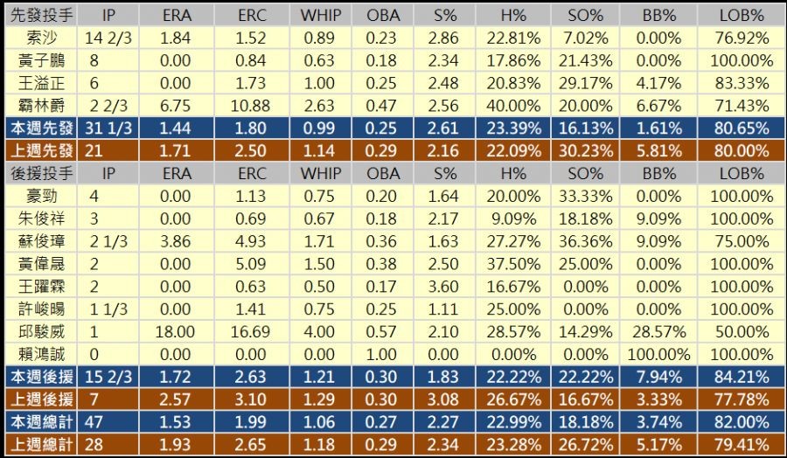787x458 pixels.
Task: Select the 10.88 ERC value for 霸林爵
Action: pyautogui.click(x=253, y=105)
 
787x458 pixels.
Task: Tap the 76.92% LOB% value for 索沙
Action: pyautogui.click(x=742, y=38)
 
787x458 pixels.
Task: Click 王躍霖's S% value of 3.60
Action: pyautogui.click(x=445, y=286)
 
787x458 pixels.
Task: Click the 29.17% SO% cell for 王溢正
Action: pyautogui.click(x=585, y=83)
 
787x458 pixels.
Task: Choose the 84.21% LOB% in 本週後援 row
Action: pyautogui.click(x=742, y=377)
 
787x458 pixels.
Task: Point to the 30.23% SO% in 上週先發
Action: pyautogui.click(x=585, y=150)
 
